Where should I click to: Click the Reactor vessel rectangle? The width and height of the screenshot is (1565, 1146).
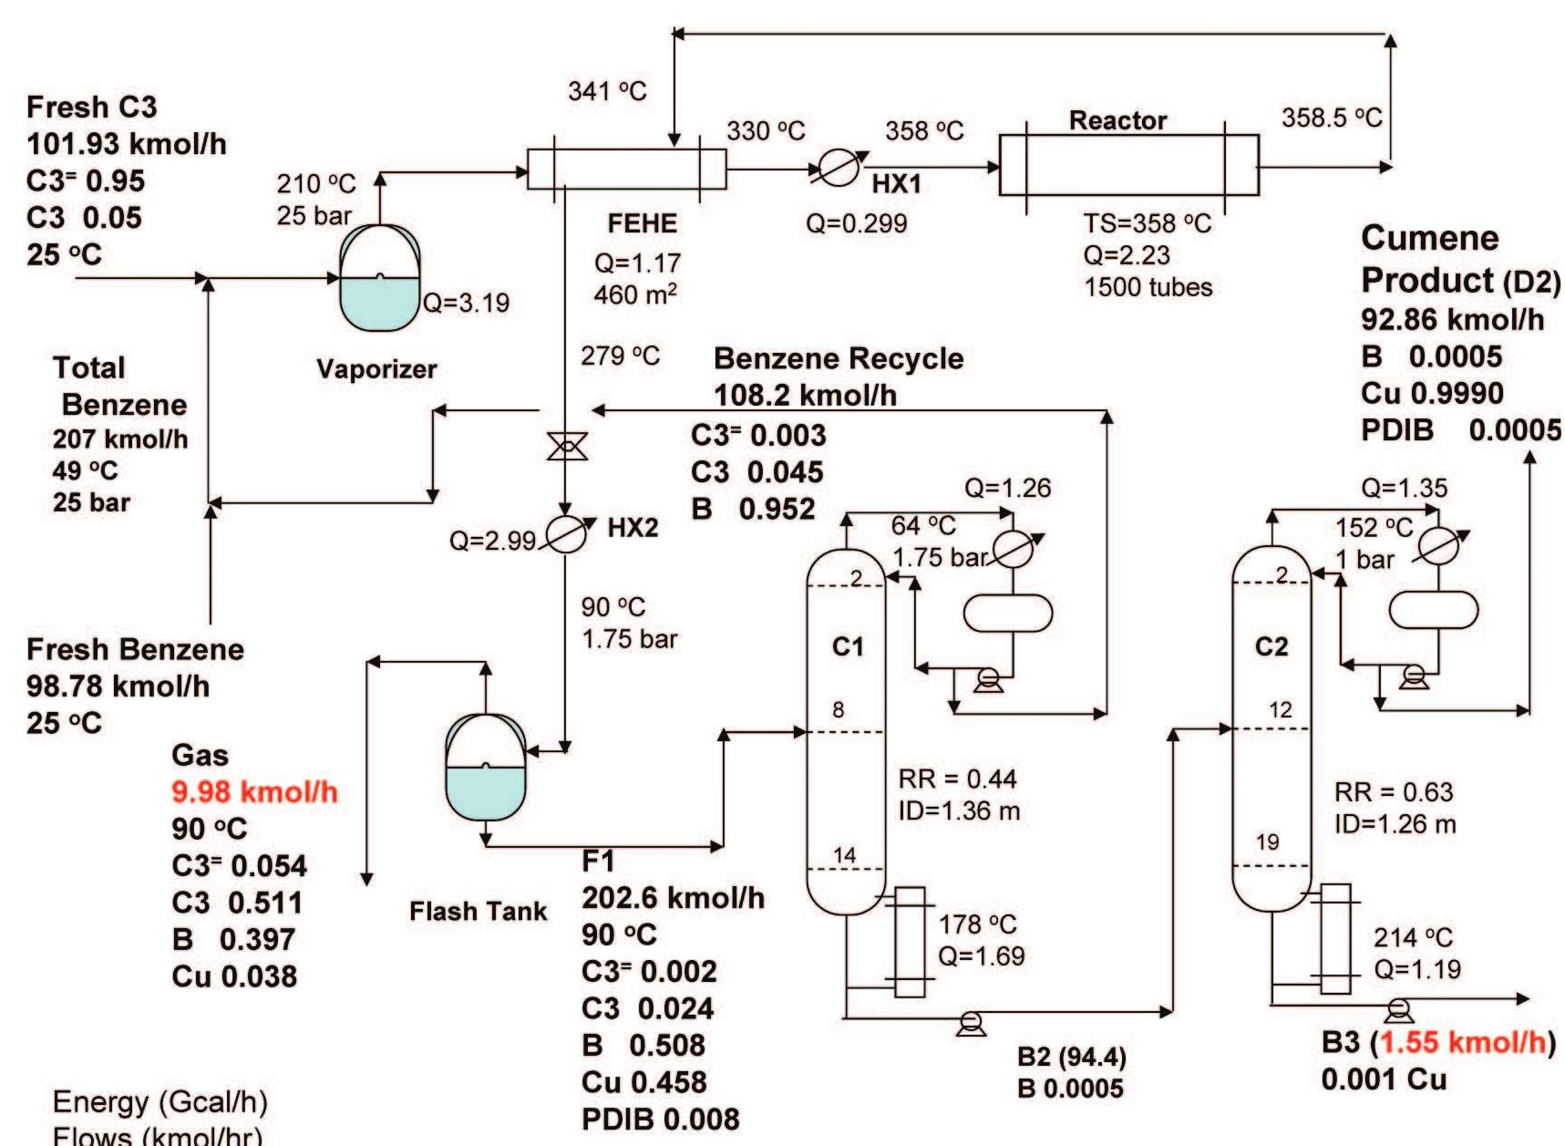click(1128, 166)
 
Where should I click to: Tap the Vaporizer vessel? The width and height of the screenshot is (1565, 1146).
click(380, 279)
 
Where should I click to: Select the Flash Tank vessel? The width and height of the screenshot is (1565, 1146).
click(486, 768)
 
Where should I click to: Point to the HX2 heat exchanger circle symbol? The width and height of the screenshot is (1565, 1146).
click(566, 534)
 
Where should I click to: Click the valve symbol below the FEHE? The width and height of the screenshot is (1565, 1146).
click(566, 447)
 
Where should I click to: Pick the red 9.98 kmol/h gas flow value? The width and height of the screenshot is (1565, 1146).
click(254, 791)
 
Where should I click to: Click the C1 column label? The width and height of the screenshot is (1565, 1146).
click(847, 646)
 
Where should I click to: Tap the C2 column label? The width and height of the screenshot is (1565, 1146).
click(1272, 646)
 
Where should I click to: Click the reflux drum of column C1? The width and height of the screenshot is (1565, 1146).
click(1007, 613)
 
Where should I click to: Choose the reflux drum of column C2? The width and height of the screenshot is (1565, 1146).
click(1432, 610)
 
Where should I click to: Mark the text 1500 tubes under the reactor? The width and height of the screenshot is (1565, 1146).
click(1148, 287)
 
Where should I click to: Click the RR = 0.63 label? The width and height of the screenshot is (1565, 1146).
click(1393, 791)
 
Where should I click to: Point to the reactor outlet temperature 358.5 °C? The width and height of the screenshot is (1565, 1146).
click(1332, 118)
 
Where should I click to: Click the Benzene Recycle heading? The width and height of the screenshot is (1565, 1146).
click(838, 358)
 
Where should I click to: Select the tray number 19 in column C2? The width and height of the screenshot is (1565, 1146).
click(1267, 841)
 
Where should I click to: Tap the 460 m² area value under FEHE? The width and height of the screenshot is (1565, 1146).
click(634, 294)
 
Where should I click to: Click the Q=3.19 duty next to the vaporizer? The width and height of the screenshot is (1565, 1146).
click(466, 303)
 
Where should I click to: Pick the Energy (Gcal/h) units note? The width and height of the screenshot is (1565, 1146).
click(160, 1101)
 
